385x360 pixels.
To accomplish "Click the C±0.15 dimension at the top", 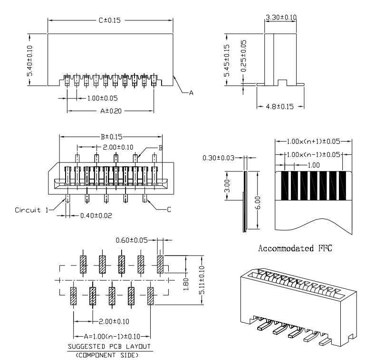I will (x=110, y=20).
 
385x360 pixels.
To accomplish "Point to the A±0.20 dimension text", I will (x=110, y=111).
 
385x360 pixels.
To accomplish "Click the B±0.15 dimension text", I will (x=110, y=137).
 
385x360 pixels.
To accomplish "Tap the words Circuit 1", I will (x=31, y=209).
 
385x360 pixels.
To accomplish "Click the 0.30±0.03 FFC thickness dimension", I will (x=219, y=158).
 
